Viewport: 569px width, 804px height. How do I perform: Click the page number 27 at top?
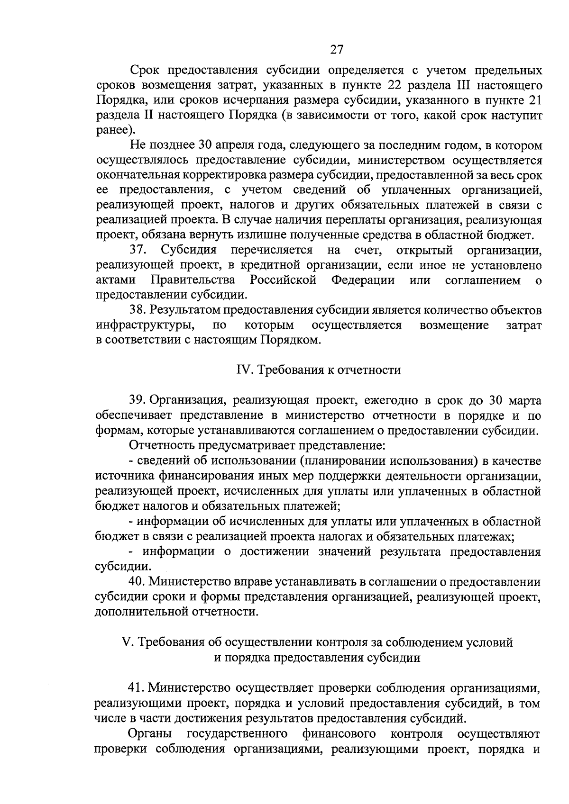click(336, 50)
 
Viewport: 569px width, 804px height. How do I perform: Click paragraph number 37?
click(140, 250)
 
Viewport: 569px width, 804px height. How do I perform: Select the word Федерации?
click(363, 280)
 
